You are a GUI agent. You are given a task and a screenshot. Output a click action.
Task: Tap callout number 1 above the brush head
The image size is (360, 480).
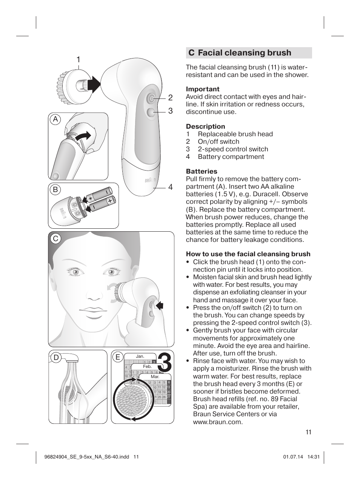(78, 60)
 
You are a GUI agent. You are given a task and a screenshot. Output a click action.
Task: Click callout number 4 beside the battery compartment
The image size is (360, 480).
(171, 187)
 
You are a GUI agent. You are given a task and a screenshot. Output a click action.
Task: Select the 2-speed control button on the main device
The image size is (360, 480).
(150, 112)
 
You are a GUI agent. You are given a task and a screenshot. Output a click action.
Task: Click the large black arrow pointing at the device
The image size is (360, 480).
(94, 85)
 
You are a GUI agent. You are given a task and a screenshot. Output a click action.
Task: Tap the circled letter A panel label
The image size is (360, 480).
(55, 120)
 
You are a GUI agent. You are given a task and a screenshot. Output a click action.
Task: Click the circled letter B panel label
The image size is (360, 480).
(55, 190)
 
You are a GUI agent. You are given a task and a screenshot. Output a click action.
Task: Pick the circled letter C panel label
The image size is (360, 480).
(55, 238)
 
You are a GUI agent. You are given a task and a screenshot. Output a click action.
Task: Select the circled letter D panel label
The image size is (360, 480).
(56, 357)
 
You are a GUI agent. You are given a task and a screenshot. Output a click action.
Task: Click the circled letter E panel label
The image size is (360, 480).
(118, 357)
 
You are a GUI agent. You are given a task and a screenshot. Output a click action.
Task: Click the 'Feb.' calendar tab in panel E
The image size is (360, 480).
(147, 366)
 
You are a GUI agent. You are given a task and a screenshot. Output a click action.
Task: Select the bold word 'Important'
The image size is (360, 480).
(202, 89)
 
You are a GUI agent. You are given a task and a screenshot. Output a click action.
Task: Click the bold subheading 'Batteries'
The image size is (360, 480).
(201, 171)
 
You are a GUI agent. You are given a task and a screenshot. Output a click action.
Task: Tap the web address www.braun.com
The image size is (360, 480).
(217, 422)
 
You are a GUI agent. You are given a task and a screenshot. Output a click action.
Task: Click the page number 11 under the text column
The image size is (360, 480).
(308, 432)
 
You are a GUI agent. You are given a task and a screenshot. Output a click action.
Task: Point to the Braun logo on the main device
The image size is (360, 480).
(149, 180)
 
